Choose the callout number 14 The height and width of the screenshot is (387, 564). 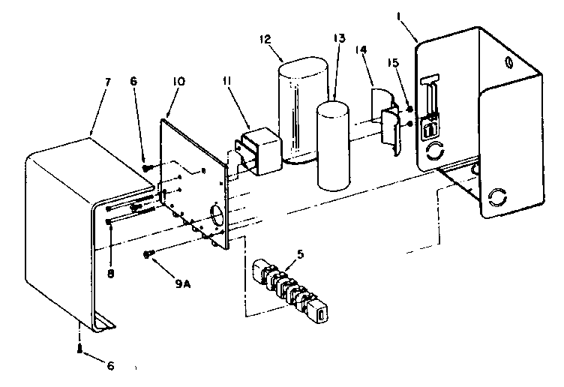361,50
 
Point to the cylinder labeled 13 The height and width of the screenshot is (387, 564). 333,146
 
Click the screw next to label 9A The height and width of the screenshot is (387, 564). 150,255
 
